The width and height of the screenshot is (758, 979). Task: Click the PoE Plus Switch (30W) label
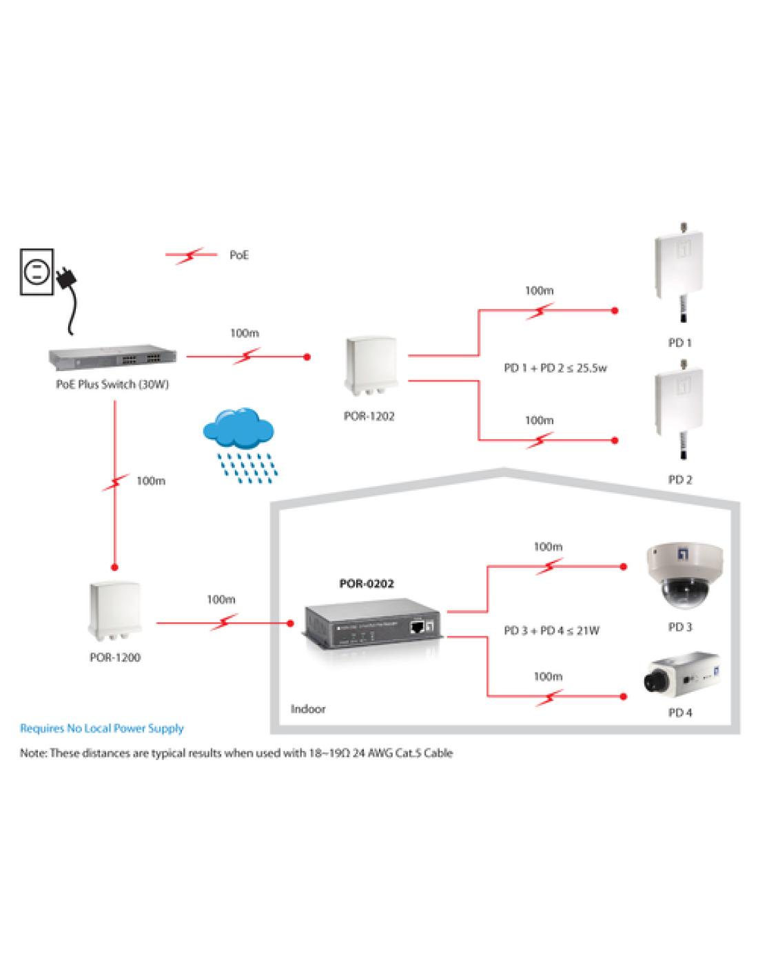click(x=112, y=385)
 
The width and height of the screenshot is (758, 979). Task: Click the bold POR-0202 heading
click(x=367, y=584)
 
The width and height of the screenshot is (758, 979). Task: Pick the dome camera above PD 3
click(x=679, y=577)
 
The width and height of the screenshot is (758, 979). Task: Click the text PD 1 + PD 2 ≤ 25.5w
click(x=555, y=368)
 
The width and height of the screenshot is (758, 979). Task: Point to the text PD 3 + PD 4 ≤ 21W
click(x=551, y=630)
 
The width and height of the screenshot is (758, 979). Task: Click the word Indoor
click(x=308, y=708)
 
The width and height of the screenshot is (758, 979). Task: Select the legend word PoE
click(x=239, y=255)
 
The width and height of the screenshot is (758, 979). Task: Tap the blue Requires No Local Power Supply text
click(x=102, y=728)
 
